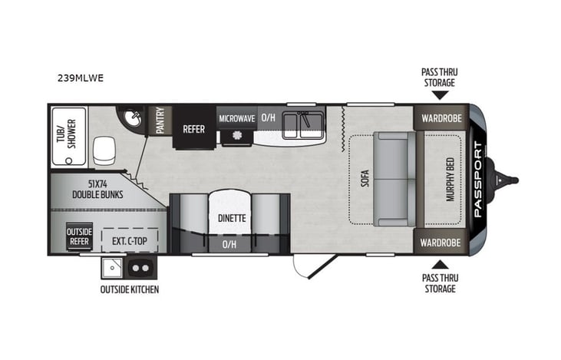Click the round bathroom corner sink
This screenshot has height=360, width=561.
click(x=134, y=119)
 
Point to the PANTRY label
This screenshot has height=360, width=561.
click(x=161, y=121)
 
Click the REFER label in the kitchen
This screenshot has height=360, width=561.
click(x=193, y=129)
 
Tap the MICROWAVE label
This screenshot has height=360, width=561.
click(x=236, y=118)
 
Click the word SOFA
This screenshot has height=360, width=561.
click(x=365, y=178)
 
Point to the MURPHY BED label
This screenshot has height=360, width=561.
click(x=450, y=179)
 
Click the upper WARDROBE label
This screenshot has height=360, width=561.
click(x=441, y=119)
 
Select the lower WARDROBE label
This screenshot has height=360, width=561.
click(x=441, y=242)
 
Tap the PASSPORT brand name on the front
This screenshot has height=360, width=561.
click(x=477, y=179)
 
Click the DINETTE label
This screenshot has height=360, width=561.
click(x=231, y=218)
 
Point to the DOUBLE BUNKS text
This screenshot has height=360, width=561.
click(x=97, y=189)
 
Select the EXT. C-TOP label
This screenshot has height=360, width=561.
click(x=130, y=239)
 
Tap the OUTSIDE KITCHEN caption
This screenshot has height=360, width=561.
click(x=129, y=289)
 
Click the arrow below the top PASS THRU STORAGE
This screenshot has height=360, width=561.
click(x=439, y=95)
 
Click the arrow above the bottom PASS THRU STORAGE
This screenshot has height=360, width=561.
click(x=439, y=263)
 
